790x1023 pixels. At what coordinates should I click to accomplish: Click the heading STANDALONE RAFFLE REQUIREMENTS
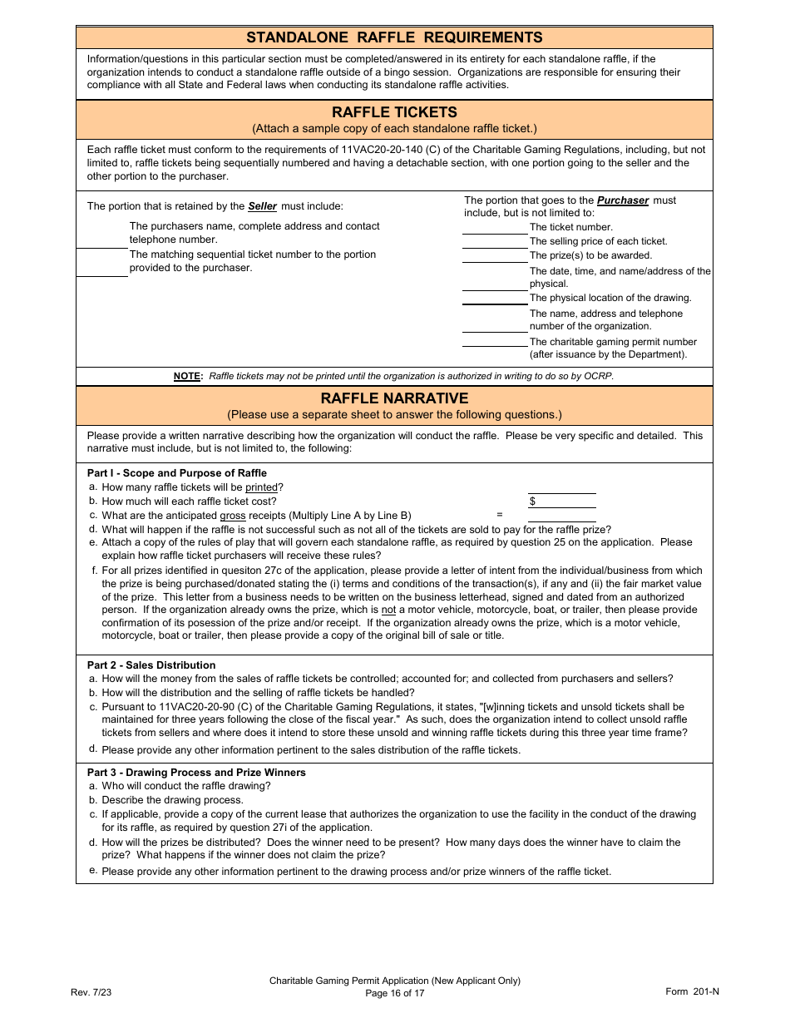pos(394,37)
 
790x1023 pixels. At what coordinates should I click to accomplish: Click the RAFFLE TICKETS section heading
pos(394,112)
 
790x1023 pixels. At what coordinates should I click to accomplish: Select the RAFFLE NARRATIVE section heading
pos(394,398)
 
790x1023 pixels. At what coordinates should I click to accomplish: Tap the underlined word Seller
pos(263,206)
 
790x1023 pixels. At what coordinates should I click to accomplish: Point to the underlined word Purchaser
pos(623,200)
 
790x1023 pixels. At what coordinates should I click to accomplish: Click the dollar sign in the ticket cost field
pos(532,502)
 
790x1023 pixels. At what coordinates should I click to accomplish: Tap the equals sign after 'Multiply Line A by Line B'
pos(500,515)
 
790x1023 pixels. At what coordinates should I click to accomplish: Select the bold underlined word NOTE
pos(187,376)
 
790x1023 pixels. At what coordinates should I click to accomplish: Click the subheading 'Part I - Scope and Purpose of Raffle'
pos(177,473)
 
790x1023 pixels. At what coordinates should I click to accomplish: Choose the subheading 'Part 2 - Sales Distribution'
pos(151,665)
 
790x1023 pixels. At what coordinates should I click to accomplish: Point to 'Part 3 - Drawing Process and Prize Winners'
pos(196,773)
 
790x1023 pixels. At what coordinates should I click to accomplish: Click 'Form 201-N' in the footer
pos(689,991)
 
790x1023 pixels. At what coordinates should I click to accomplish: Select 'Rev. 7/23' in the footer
pos(91,992)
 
